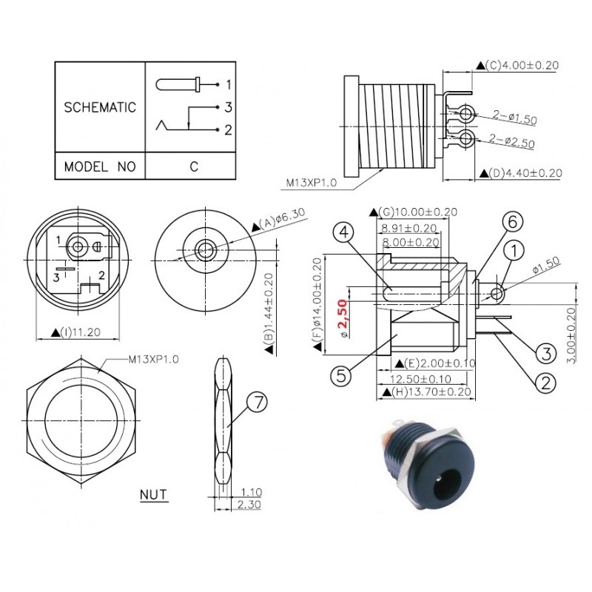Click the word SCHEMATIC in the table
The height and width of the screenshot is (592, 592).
101,107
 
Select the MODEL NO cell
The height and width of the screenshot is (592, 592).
101,166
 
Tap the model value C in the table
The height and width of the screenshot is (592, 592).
194,166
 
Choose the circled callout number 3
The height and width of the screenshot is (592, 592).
545,353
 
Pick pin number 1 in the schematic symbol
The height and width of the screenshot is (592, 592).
229,84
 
